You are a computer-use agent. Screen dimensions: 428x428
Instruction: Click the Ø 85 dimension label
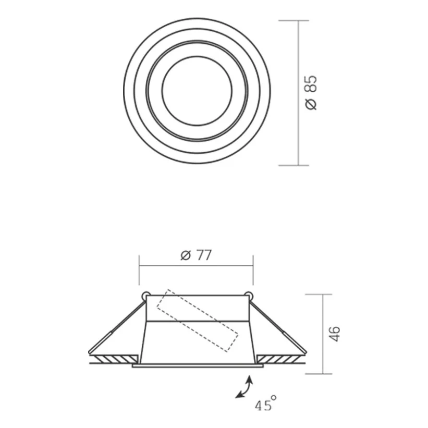(x=311, y=93)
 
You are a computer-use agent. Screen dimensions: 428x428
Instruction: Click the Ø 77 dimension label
(x=196, y=255)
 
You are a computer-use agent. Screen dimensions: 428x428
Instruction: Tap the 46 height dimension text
(x=334, y=334)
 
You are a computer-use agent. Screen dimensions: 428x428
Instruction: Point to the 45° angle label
(x=265, y=403)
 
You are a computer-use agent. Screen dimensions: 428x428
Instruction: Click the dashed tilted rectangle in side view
(x=198, y=321)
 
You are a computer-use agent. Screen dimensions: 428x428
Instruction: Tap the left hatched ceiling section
(x=114, y=359)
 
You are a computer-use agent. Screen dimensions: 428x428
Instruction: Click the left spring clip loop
(x=145, y=296)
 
